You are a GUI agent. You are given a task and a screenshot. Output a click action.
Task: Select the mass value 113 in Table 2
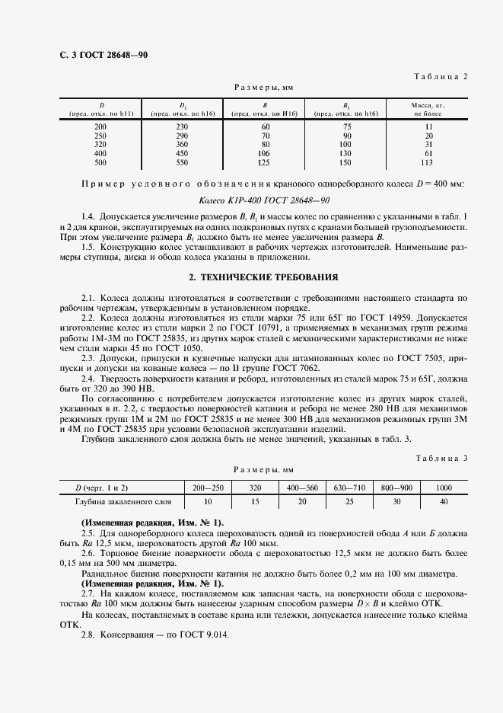428,162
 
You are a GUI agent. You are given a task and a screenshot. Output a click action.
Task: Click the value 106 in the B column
266,153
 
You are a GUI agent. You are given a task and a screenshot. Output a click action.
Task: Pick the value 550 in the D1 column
182,162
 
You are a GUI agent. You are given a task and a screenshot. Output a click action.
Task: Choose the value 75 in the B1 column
346,126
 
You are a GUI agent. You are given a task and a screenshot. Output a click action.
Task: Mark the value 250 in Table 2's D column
100,135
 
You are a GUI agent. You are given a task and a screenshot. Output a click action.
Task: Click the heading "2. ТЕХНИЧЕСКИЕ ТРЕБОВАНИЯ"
251,277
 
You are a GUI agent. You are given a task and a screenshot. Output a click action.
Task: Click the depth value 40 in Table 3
444,502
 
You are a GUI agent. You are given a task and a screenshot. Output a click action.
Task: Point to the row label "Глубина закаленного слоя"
123,502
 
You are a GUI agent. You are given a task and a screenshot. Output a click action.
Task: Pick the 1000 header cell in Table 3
444,487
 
